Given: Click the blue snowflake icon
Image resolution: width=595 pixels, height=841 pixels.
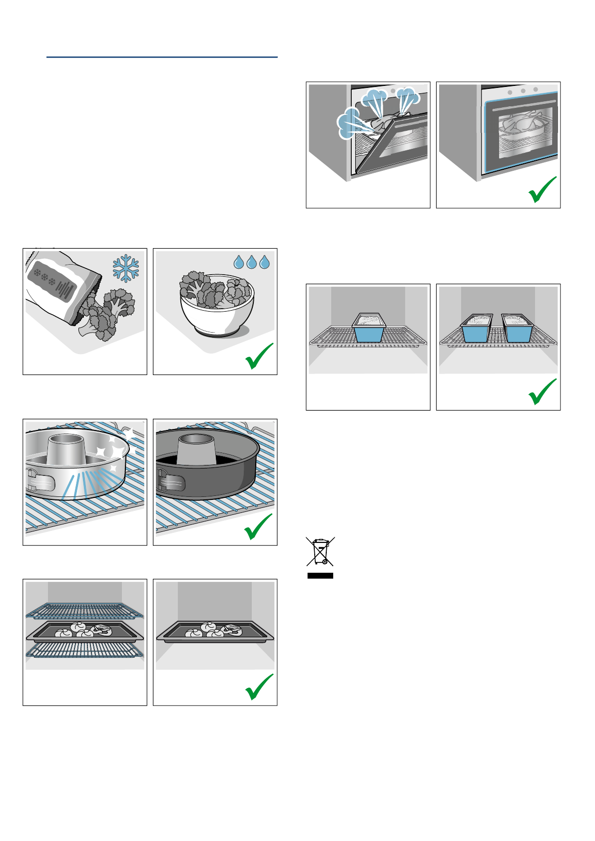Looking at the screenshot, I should [x=126, y=269].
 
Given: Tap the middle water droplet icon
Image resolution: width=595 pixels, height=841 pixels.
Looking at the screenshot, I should [x=252, y=262].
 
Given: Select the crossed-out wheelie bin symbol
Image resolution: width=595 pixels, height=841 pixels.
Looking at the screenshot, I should [x=320, y=552].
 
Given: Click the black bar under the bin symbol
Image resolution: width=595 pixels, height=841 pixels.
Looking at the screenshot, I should [x=320, y=576].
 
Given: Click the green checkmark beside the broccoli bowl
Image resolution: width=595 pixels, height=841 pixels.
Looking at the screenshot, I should [x=259, y=356].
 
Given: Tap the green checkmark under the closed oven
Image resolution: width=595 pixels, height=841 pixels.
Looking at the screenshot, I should [x=543, y=190].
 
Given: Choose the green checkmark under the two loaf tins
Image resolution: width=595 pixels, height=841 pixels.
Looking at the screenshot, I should [x=543, y=392].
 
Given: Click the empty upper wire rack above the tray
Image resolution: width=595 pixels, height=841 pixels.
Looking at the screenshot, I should [x=84, y=610].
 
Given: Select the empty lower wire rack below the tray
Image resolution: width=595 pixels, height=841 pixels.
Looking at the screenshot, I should [x=84, y=650].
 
